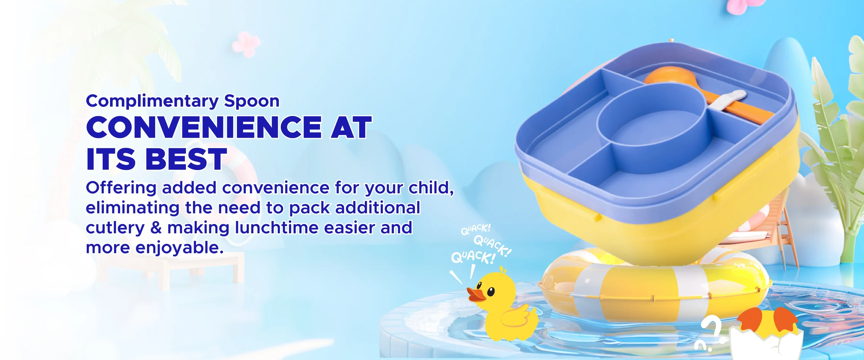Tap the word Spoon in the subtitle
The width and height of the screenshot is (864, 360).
coord(252,101)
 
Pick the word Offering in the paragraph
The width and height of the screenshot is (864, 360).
coord(121,188)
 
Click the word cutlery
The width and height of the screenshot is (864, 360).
coord(115,228)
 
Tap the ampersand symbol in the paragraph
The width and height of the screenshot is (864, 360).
coord(156,227)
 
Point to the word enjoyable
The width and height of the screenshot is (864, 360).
coord(180,248)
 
